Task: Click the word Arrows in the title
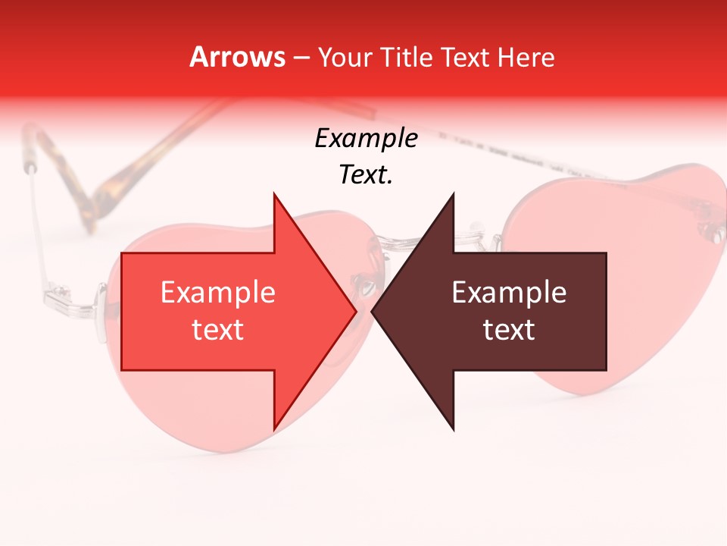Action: coord(237,57)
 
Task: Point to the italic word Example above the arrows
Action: coord(366,139)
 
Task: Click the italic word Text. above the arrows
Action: coord(366,175)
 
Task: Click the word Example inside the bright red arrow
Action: coord(217,292)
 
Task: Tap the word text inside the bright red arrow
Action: coord(217,330)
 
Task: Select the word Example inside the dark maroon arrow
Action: coord(509,292)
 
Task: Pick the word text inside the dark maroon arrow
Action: coord(509,330)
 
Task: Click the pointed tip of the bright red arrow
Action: coord(355,311)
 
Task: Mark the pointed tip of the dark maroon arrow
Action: coord(373,311)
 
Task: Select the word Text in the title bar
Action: coord(464,58)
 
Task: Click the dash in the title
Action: coord(301,58)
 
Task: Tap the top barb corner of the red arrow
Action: coord(274,194)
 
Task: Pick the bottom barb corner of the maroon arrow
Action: coord(454,429)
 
